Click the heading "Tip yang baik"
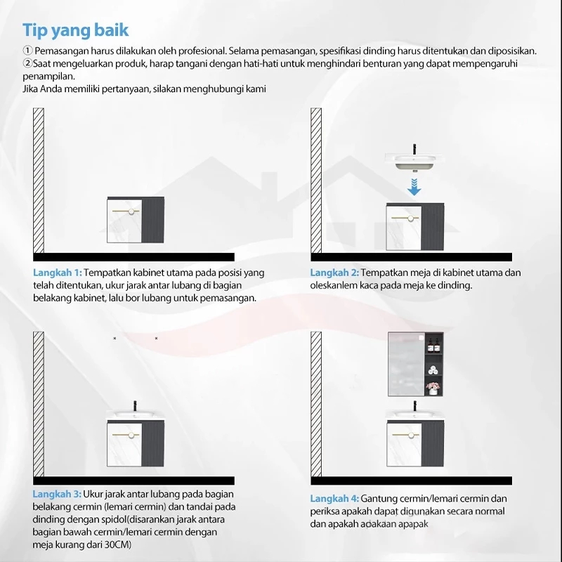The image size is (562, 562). (75, 30)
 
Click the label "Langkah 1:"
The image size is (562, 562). (58, 273)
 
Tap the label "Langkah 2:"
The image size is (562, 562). (335, 273)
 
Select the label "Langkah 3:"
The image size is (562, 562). (58, 495)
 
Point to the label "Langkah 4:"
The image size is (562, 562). (335, 498)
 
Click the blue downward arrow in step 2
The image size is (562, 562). (414, 186)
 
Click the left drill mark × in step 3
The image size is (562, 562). (115, 339)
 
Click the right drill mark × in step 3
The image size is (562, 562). (156, 339)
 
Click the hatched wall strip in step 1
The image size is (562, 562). (39, 181)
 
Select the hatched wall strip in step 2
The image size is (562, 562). (316, 181)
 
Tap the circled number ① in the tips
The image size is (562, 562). (27, 51)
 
